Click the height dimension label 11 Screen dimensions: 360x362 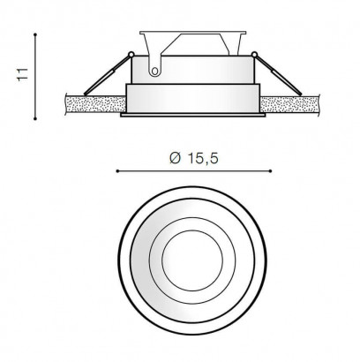pos(23,74)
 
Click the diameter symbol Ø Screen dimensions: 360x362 pos(175,158)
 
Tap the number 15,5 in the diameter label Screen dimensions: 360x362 pos(203,159)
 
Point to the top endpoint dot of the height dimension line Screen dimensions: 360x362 pos(35,34)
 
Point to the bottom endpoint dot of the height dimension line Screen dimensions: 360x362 pos(35,119)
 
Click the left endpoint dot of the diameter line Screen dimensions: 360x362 pos(117,171)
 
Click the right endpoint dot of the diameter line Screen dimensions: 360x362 pos(270,171)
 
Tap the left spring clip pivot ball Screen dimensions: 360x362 pos(131,54)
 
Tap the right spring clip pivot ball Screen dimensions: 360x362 pos(254,54)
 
